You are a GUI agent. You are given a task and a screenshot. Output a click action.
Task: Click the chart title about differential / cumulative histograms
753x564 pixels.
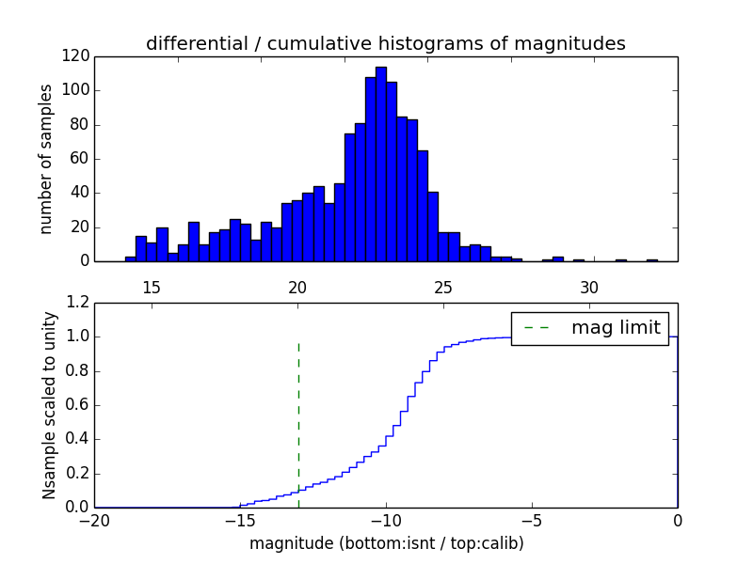tap(385, 43)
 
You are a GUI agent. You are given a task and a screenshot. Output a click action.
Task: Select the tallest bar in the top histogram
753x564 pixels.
tap(380, 164)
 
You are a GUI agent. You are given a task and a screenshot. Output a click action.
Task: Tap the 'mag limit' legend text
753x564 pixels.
tap(617, 328)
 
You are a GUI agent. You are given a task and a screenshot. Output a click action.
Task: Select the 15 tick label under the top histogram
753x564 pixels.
tap(152, 287)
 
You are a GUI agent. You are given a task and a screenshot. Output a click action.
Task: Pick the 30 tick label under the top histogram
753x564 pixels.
tap(589, 287)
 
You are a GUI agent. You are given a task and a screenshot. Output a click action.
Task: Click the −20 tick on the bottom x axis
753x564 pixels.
tap(94, 520)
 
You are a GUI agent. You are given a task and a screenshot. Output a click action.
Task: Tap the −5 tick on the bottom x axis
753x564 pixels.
tap(531, 520)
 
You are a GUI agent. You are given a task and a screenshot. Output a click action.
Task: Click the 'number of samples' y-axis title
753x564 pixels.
tap(46, 159)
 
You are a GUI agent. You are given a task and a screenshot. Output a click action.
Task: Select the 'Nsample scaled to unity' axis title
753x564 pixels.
tap(49, 405)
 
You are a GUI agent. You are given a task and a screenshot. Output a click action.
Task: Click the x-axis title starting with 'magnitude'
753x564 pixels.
tap(386, 543)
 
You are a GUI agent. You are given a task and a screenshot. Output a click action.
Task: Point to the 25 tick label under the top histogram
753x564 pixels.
tap(443, 287)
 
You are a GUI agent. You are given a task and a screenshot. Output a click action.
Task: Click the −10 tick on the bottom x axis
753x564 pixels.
tap(385, 520)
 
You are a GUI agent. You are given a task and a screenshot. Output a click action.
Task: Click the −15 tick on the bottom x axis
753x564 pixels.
tap(239, 520)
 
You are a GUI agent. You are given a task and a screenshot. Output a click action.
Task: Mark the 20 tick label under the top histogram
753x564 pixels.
tap(297, 287)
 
